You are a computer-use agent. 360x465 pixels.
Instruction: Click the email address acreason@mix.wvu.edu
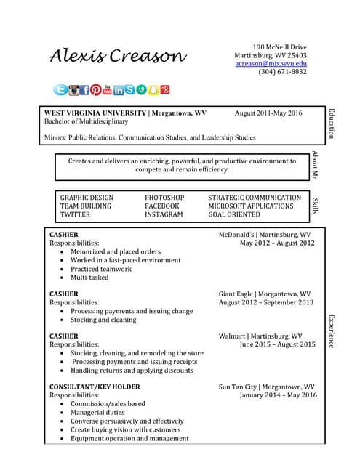pos(271,63)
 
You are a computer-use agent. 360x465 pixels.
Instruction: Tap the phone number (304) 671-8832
pos(282,72)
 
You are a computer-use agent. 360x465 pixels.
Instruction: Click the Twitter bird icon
pos(61,90)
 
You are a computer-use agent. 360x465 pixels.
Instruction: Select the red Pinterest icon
pos(96,90)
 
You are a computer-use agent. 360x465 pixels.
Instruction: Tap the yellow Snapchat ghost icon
pos(153,90)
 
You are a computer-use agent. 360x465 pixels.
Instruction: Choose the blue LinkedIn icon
pos(119,90)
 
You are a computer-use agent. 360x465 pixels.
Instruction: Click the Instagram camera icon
pos(73,90)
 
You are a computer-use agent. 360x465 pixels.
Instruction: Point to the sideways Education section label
pos(332,124)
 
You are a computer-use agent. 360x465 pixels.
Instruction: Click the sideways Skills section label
pos(316,206)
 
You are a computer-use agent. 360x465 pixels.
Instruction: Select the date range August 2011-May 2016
pos(268,113)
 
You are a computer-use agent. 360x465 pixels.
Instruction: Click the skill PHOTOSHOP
pos(164,198)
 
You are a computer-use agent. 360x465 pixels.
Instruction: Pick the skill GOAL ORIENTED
pos(233,215)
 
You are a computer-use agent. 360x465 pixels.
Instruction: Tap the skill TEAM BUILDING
pos(86,206)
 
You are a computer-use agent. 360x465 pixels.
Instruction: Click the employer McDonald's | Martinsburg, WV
pos(265,235)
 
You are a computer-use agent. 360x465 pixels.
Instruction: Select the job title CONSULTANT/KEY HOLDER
pos(94,387)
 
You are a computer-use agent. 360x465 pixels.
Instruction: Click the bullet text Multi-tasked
pos(89,278)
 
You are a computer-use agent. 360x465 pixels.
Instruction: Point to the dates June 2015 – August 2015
pos(278,345)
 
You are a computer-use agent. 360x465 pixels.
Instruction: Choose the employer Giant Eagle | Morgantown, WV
pos(265,294)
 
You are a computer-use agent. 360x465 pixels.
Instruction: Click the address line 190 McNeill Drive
pos(279,46)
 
